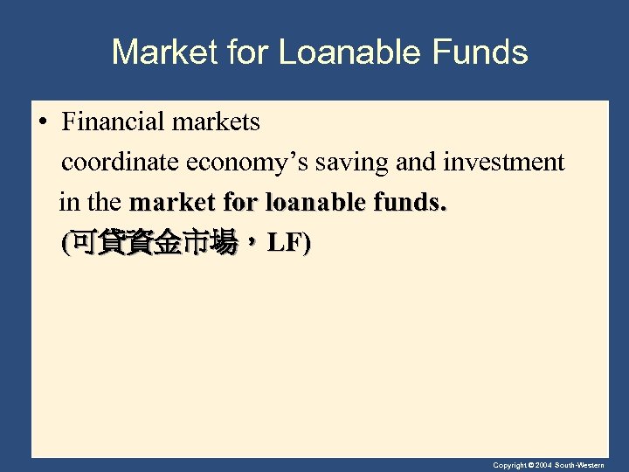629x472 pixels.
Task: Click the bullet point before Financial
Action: click(43, 122)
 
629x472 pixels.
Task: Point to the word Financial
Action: click(115, 122)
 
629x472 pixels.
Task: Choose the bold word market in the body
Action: click(170, 203)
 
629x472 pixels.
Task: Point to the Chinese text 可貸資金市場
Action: click(154, 244)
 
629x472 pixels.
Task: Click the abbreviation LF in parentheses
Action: click(285, 243)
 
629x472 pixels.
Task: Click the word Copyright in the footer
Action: click(509, 466)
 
